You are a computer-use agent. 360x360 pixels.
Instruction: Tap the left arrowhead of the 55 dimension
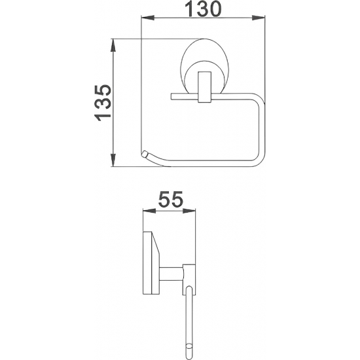pyautogui.click(x=147, y=211)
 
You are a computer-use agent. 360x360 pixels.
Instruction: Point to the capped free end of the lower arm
pyautogui.click(x=143, y=154)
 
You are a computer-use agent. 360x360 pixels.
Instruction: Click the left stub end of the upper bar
pyautogui.click(x=173, y=97)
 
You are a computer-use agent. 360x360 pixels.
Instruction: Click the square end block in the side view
pyautogui.click(x=189, y=275)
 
